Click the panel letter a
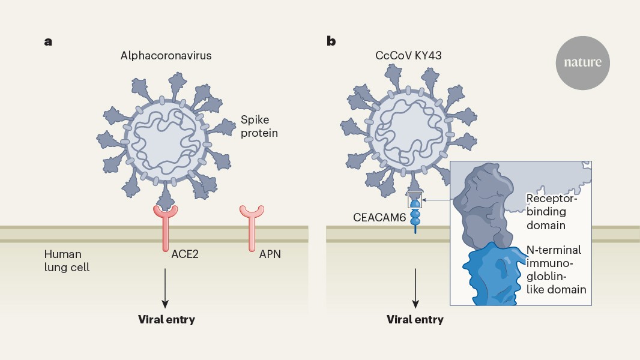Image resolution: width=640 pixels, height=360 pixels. coord(48,41)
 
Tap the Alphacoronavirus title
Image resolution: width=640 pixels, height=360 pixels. coord(166,56)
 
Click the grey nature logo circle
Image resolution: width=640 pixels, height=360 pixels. coord(582,62)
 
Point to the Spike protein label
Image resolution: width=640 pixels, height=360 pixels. coord(259,125)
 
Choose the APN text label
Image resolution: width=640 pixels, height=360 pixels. coord(269,254)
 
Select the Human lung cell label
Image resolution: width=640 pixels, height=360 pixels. coord(66,260)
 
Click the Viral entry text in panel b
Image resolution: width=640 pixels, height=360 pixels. coord(414,319)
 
